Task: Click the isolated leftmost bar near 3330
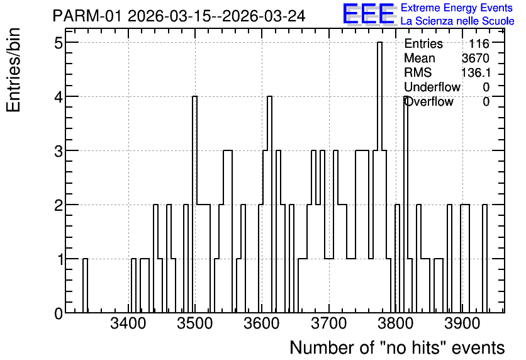[x=85, y=286]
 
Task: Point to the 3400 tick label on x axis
[x=128, y=323]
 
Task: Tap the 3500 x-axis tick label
[x=195, y=323]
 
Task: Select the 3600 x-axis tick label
[x=262, y=323]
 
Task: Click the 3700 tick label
[x=328, y=323]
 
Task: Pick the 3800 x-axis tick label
[x=396, y=323]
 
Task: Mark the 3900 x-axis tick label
[x=462, y=323]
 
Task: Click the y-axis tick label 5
[x=59, y=43]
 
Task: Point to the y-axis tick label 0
[x=59, y=313]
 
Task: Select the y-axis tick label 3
[x=59, y=151]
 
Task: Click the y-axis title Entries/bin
[x=13, y=70]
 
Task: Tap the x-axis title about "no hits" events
[x=397, y=347]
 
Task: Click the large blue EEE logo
[x=369, y=14]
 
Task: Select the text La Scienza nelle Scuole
[x=457, y=21]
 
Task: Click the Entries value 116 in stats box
[x=479, y=43]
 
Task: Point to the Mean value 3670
[x=476, y=58]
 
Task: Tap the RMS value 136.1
[x=476, y=72]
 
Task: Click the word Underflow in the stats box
[x=432, y=87]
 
